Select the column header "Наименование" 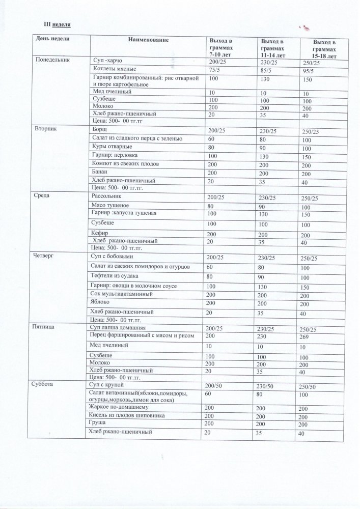pos(148,39)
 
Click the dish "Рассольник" pos(106,196)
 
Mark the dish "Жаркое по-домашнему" pos(118,408)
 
